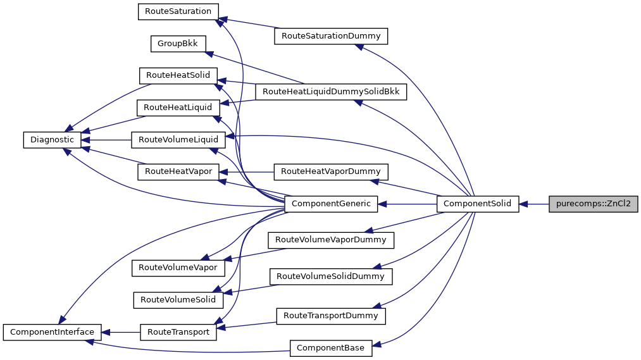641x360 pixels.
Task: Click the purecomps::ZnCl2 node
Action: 593,204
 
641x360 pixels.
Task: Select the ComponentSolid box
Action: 478,204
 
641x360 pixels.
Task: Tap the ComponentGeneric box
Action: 331,204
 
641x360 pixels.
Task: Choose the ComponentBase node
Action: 331,347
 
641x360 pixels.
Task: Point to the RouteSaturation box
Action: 178,11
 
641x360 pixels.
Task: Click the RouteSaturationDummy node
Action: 330,36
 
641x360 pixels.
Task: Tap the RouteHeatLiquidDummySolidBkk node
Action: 330,92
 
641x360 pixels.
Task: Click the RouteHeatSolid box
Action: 178,75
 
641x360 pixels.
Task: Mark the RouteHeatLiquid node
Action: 178,108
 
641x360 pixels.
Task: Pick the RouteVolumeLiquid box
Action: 178,139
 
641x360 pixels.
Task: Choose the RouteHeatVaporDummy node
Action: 330,171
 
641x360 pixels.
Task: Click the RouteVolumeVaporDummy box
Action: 331,240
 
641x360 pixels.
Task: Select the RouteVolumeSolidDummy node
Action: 330,276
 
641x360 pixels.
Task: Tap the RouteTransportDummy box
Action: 330,315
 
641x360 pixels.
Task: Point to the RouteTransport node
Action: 178,332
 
